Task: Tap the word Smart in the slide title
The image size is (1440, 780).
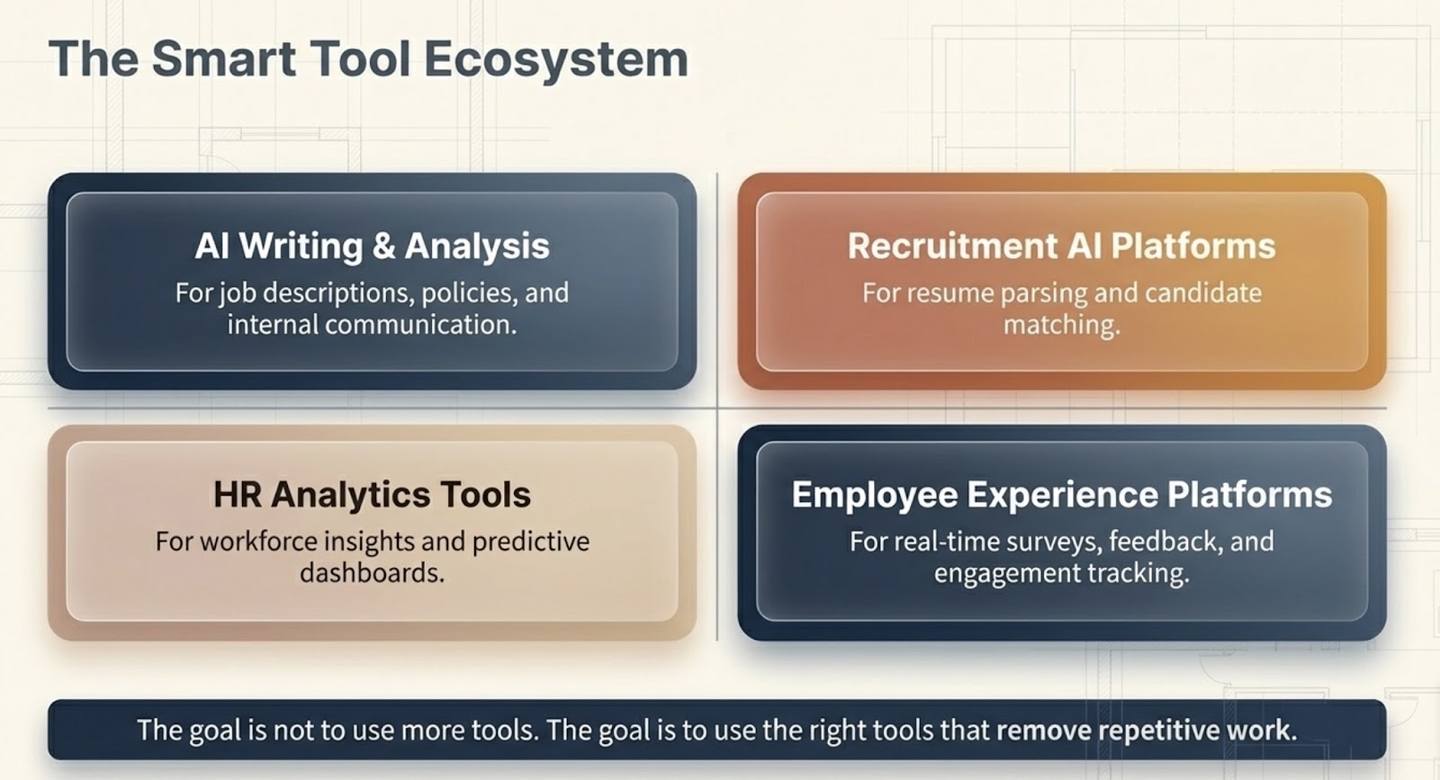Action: (x=224, y=58)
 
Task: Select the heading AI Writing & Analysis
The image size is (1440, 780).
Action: (x=373, y=247)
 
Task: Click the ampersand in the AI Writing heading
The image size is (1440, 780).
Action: (x=383, y=247)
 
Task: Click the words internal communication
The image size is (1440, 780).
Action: (x=373, y=325)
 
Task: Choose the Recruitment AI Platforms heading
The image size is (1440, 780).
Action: (x=1061, y=247)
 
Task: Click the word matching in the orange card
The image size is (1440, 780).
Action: (x=1061, y=325)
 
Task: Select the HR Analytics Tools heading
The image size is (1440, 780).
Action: (x=373, y=495)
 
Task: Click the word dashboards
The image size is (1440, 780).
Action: (x=373, y=573)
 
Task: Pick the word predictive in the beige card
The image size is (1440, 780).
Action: (x=530, y=542)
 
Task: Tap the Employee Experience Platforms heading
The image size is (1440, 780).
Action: (x=1061, y=495)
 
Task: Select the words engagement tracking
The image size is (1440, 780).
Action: (x=1061, y=573)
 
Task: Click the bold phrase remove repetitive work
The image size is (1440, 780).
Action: (x=1147, y=731)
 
